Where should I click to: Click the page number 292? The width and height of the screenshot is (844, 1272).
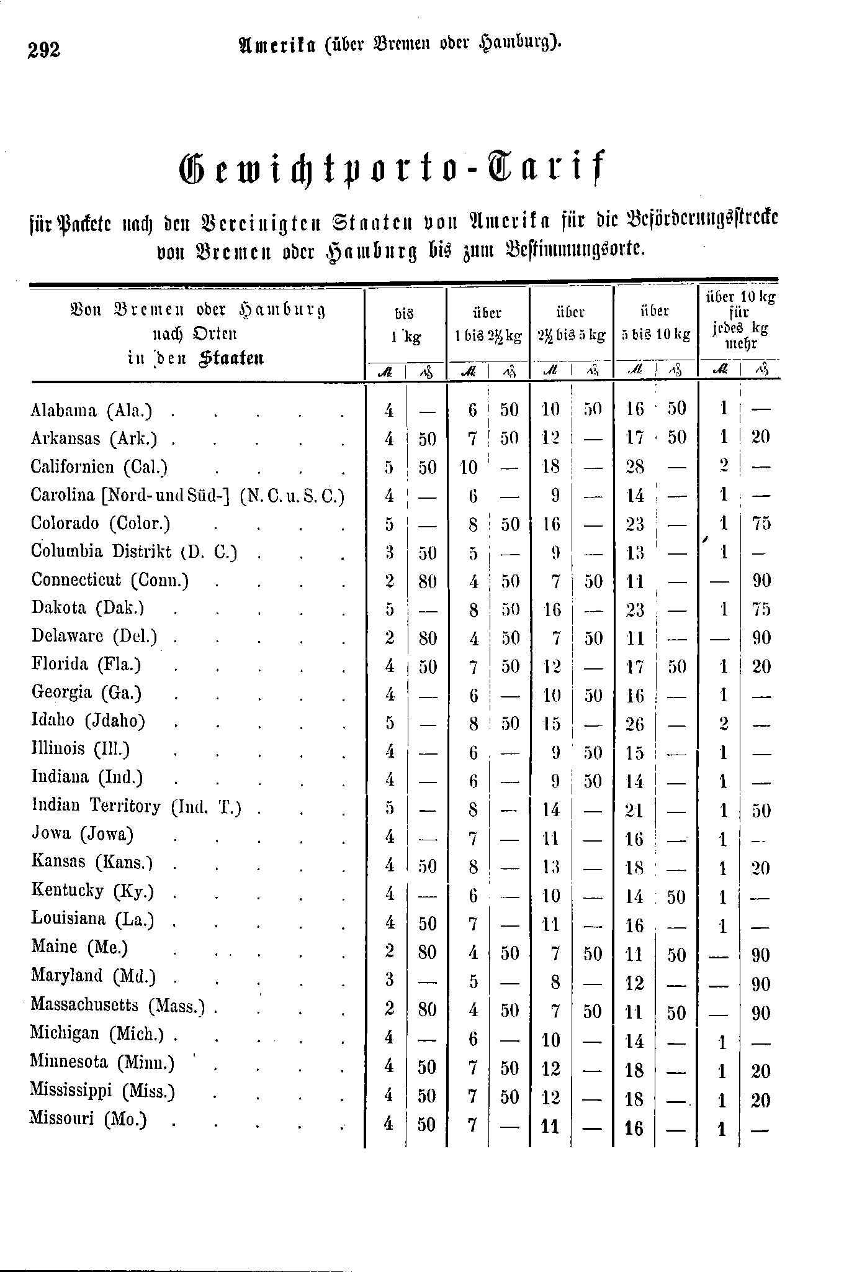point(43,48)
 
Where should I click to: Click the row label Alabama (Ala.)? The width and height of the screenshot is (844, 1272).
point(91,411)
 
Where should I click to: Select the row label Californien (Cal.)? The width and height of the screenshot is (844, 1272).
point(99,467)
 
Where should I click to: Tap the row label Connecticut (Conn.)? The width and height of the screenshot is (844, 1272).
point(110,580)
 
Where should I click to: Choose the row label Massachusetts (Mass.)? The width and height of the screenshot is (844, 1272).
point(118,1004)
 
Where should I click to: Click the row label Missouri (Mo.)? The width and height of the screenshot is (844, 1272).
point(88,1119)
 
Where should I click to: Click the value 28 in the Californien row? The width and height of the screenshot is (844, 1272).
point(635,467)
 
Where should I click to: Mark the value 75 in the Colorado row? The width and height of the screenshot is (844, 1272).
point(761,524)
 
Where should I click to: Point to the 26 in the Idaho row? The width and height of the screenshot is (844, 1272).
point(635,724)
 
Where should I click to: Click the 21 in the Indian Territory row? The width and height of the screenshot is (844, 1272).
point(635,810)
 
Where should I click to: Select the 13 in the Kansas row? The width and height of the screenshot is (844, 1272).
point(551,867)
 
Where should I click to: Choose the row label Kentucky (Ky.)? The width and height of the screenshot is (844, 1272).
point(92,891)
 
